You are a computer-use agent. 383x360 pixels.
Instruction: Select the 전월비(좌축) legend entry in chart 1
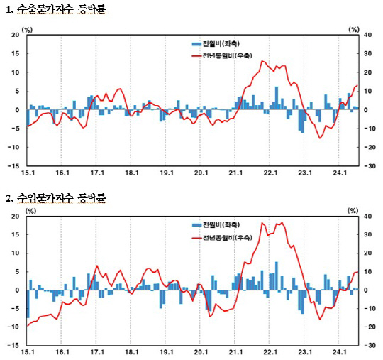pyautogui.click(x=213, y=43)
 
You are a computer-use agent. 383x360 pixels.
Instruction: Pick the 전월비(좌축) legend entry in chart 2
pyautogui.click(x=213, y=225)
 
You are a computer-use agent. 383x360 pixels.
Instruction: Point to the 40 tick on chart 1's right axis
pyautogui.click(x=367, y=35)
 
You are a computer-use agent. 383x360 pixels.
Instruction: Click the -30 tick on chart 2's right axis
pyautogui.click(x=368, y=346)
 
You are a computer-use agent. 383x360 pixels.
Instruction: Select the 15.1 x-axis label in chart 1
pyautogui.click(x=27, y=173)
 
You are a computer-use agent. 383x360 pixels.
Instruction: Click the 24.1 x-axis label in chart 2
pyautogui.click(x=340, y=352)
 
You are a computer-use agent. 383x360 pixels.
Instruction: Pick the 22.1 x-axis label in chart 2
pyautogui.click(x=270, y=352)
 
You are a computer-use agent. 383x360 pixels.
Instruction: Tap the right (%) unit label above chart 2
pyautogui.click(x=353, y=210)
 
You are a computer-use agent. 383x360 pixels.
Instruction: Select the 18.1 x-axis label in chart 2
pyautogui.click(x=131, y=352)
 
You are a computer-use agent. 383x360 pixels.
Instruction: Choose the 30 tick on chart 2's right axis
pyautogui.click(x=367, y=235)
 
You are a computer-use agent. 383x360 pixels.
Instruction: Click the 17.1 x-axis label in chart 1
pyautogui.click(x=96, y=173)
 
